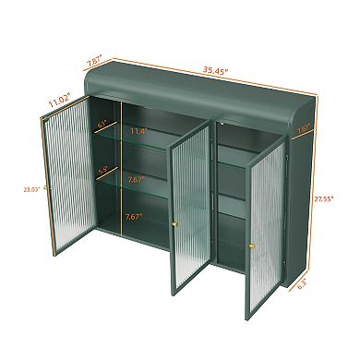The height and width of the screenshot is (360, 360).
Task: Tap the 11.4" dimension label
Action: [140, 132]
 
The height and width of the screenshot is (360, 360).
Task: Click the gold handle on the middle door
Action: [173, 225]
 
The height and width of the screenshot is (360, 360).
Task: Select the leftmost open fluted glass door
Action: [66, 194]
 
